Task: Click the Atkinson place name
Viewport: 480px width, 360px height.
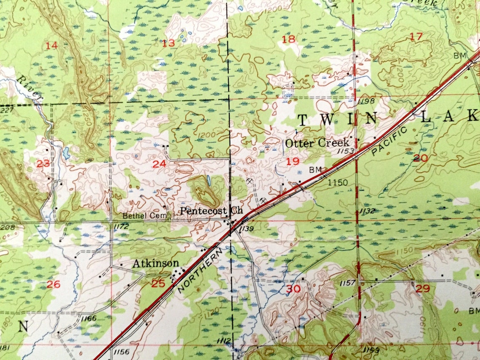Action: click(156, 264)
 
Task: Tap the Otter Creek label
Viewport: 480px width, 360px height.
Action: click(317, 143)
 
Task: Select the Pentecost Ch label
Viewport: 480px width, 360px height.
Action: click(212, 211)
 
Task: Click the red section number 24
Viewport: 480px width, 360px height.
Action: click(159, 164)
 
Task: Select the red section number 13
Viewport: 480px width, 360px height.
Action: click(168, 43)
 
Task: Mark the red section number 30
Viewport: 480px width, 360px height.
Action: click(293, 289)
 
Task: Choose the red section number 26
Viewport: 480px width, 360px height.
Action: click(53, 285)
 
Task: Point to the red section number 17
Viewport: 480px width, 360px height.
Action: click(416, 37)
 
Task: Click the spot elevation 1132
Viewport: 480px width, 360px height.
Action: click(367, 211)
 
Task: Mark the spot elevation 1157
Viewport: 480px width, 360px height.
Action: click(348, 283)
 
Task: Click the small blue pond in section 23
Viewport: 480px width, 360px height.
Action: click(67, 153)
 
